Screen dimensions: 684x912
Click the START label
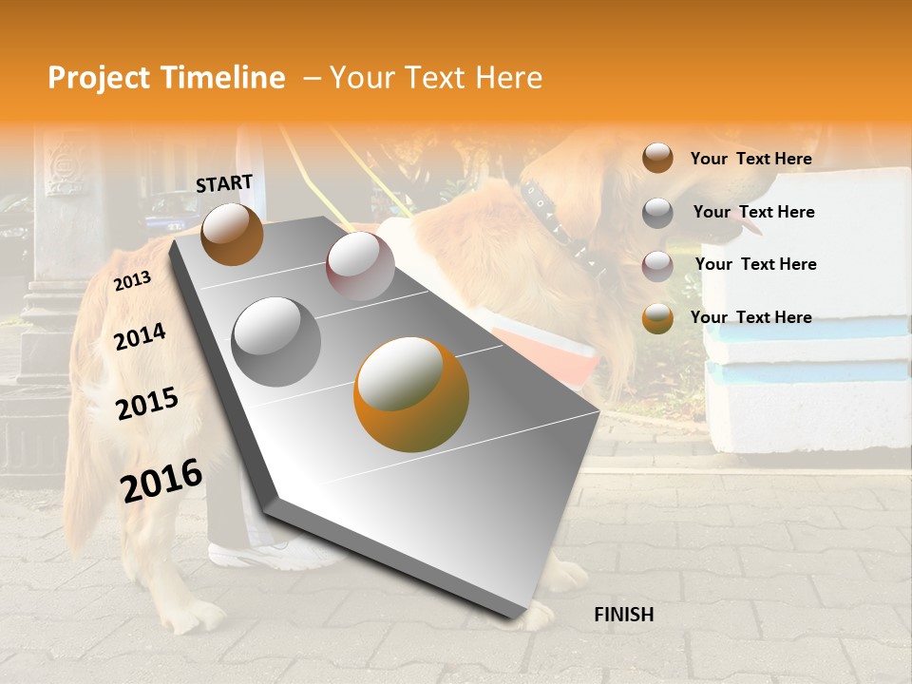(224, 182)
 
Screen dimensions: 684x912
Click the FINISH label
(623, 615)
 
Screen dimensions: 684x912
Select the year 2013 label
(132, 281)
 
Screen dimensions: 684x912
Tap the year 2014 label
(140, 336)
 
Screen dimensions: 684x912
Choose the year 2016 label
(161, 480)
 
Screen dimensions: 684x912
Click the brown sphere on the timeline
(232, 234)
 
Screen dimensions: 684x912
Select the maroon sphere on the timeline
(360, 265)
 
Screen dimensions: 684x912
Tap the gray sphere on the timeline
(275, 341)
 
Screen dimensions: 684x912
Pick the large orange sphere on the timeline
(410, 393)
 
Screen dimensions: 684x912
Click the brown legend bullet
(657, 159)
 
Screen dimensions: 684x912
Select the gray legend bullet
(657, 212)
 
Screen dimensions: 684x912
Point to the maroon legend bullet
(657, 264)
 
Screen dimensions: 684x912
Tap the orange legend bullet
(657, 317)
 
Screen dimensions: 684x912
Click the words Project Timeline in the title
(166, 78)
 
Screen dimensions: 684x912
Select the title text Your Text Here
(436, 78)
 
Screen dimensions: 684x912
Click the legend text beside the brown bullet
(750, 159)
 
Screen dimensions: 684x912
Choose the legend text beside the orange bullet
(750, 317)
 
